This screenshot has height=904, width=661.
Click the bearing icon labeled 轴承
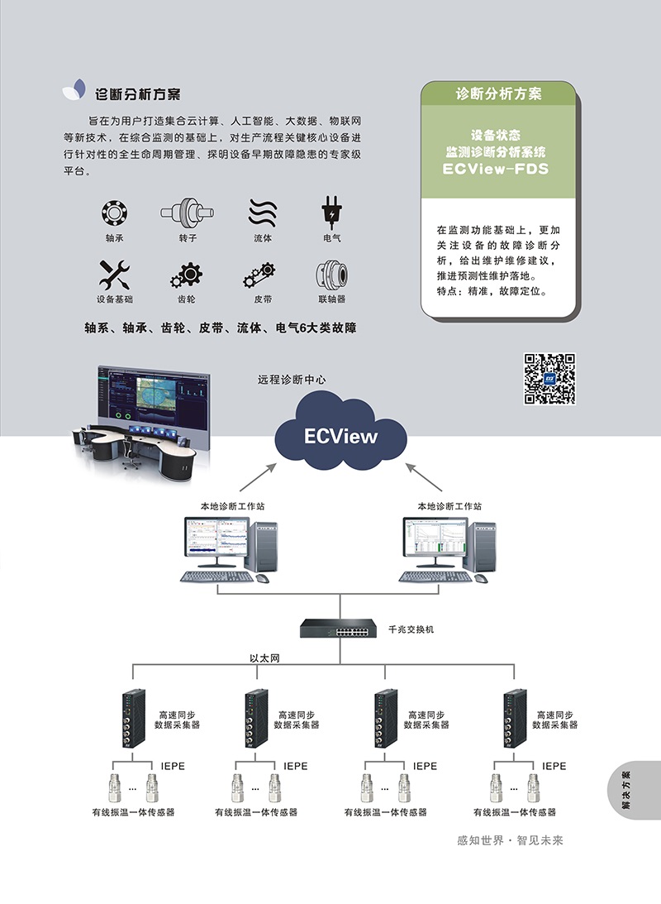click(114, 213)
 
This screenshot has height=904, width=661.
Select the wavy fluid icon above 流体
click(263, 213)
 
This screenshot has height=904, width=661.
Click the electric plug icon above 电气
click(331, 213)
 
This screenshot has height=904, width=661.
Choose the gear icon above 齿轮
click(187, 275)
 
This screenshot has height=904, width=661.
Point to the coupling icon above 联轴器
click(331, 275)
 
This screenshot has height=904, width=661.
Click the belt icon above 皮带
click(259, 275)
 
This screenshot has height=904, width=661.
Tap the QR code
click(549, 379)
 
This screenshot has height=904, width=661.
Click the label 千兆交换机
click(411, 629)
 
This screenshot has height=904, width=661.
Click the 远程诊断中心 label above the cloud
click(292, 380)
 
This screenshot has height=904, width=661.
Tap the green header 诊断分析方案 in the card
click(498, 93)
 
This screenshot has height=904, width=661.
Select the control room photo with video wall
click(140, 421)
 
